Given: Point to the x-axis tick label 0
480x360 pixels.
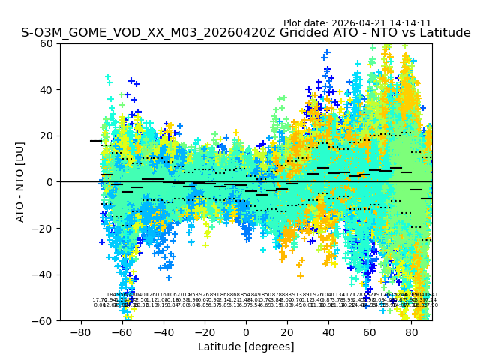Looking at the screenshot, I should click(246, 331).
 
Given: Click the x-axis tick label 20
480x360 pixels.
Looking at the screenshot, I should click(287, 331).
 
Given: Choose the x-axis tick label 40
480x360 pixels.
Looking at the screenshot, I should click(328, 331).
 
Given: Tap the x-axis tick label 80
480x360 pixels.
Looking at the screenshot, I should click(412, 331).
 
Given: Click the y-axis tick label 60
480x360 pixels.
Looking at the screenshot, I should click(46, 43).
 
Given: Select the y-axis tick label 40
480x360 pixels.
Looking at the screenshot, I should click(46, 90).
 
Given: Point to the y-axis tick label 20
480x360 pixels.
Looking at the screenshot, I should click(46, 136).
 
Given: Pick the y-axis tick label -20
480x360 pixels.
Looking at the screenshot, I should click(44, 229).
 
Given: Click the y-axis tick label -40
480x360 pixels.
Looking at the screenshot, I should click(44, 274).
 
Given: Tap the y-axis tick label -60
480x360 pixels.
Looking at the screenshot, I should click(44, 321).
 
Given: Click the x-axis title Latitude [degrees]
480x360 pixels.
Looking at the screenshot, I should click(246, 346).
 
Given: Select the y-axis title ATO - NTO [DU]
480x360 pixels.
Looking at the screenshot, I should click(21, 182).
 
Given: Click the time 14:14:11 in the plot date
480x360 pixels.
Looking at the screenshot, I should click(409, 23).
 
